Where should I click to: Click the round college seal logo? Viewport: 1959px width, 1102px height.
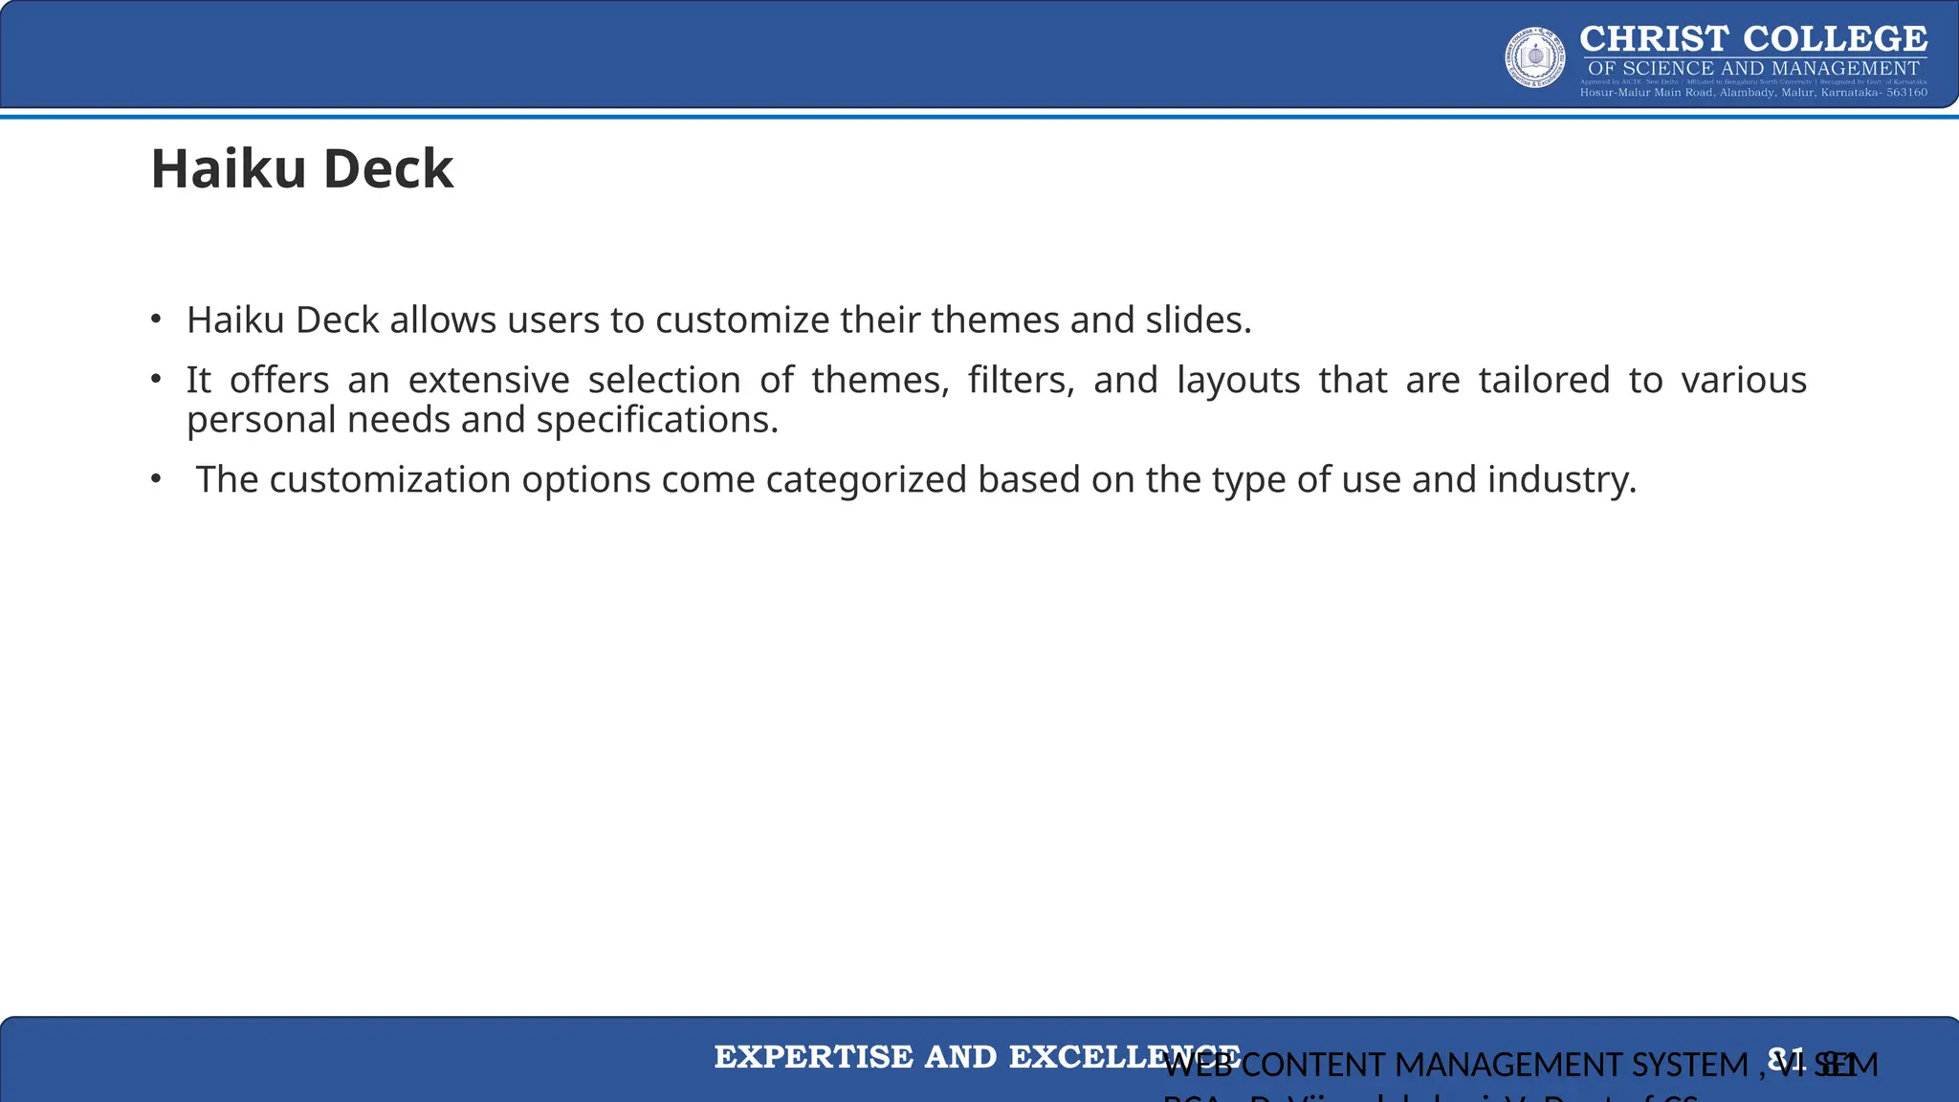(1535, 57)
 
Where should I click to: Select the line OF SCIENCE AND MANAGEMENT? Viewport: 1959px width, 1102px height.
(1753, 69)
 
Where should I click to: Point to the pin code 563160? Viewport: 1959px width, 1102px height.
(1906, 93)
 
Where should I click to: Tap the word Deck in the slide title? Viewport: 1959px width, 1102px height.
(388, 169)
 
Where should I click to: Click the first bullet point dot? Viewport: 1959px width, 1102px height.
(156, 319)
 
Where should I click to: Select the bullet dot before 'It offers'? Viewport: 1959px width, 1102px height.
(156, 379)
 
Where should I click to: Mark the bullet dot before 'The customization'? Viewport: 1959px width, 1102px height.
(156, 478)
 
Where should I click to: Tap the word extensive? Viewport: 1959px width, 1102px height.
(489, 381)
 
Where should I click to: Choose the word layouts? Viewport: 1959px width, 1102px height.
(1238, 381)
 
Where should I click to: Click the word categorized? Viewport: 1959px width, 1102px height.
(867, 479)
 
